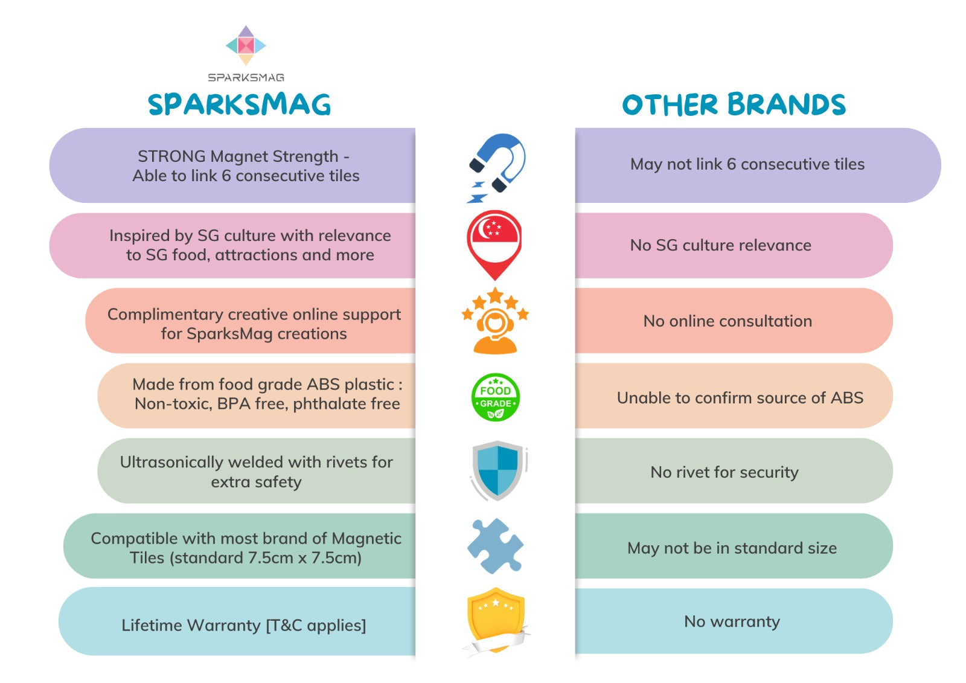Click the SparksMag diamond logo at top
click(246, 45)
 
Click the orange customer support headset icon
click(495, 321)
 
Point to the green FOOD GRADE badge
click(496, 397)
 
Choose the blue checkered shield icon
click(498, 470)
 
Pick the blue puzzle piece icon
click(495, 546)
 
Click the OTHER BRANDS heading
click(734, 104)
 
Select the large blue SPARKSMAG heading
click(239, 104)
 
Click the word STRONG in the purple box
click(171, 156)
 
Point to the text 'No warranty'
click(732, 621)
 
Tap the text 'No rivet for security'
click(724, 472)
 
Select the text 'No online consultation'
click(728, 321)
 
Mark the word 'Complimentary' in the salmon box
click(165, 315)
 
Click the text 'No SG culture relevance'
click(721, 245)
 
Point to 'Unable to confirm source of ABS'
click(740, 397)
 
